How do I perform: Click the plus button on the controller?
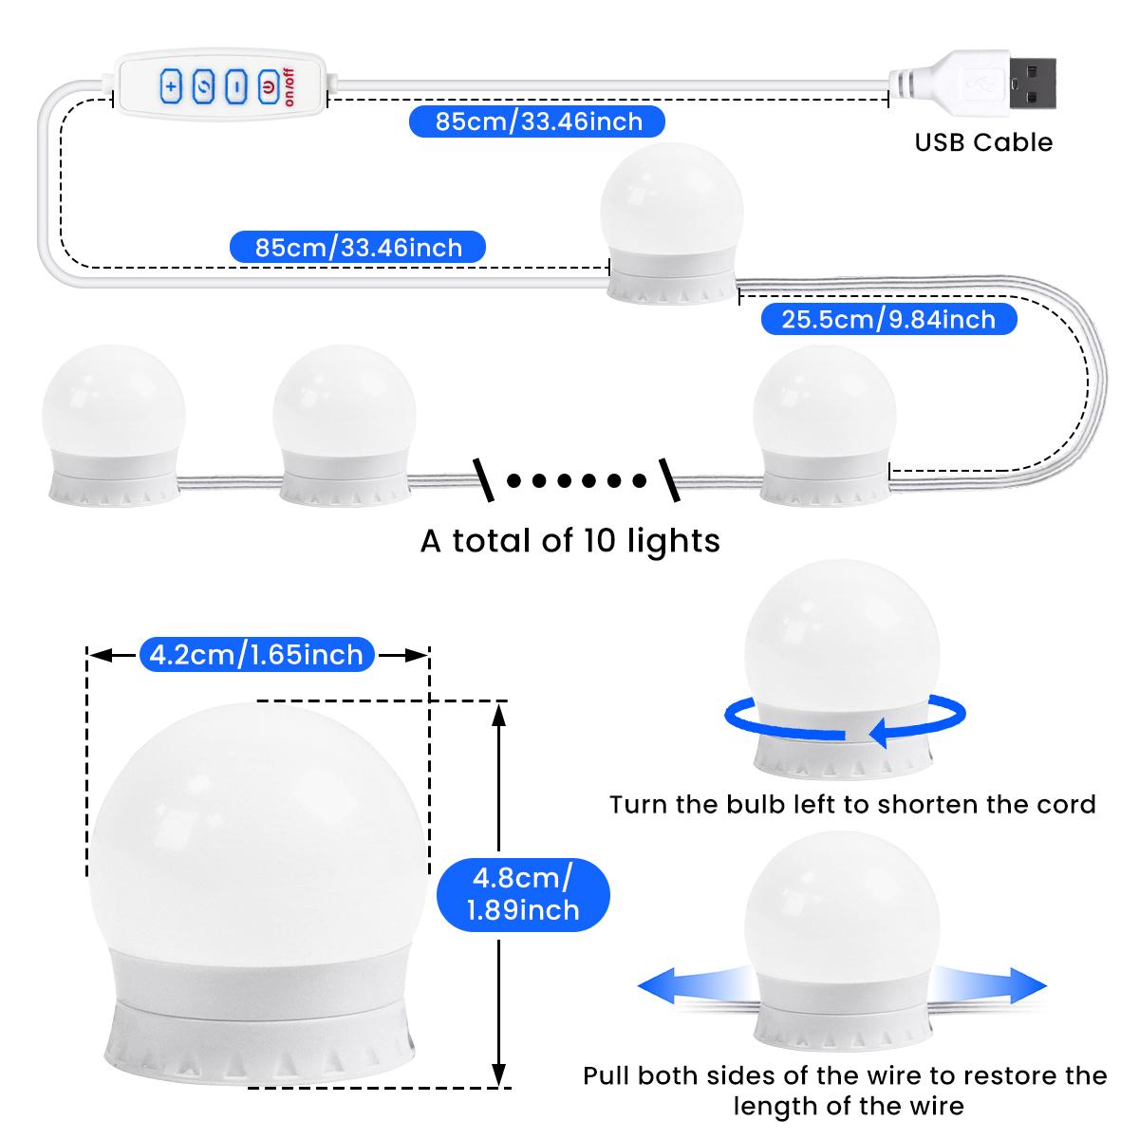[x=171, y=87]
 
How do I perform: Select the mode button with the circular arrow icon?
[x=204, y=87]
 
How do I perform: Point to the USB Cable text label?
[x=983, y=143]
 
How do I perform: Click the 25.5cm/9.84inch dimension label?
[x=888, y=319]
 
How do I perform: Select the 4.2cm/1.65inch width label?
[x=257, y=655]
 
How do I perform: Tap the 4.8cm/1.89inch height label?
[x=523, y=892]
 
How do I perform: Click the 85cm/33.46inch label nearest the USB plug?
[x=538, y=121]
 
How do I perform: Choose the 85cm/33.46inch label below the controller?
[x=359, y=248]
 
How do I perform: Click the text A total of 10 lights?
[x=570, y=541]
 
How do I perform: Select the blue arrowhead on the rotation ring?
[x=883, y=733]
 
